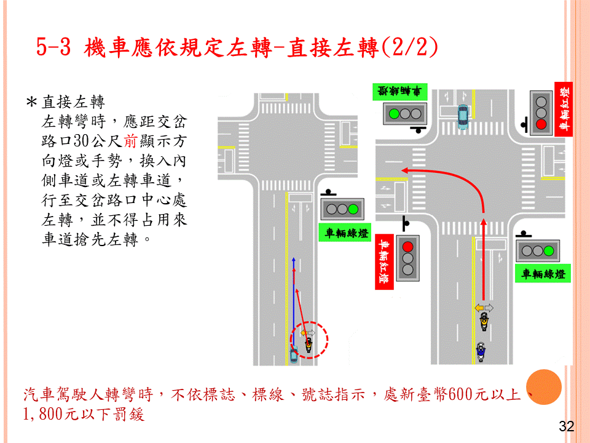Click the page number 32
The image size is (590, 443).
click(566, 426)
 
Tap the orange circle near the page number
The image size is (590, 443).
click(544, 387)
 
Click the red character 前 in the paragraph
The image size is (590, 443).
click(130, 141)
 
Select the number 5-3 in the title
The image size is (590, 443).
click(53, 47)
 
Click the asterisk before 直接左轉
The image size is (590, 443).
click(31, 102)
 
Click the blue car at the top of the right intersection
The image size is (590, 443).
click(463, 117)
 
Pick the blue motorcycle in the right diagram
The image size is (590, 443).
click(481, 351)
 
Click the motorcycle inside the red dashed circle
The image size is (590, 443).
click(308, 345)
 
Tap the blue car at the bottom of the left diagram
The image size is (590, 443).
click(294, 354)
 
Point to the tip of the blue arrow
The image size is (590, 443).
click(294, 258)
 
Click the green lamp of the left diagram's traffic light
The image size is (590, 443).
click(353, 209)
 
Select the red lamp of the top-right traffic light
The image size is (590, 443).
click(541, 124)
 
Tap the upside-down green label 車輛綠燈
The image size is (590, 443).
click(399, 91)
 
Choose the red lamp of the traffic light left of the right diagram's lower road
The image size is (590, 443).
click(408, 247)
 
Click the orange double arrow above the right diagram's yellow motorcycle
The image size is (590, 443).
click(484, 308)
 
